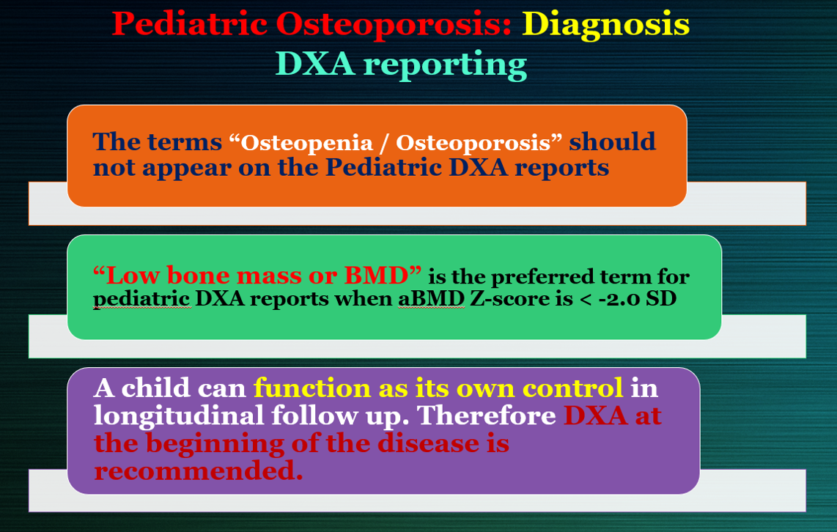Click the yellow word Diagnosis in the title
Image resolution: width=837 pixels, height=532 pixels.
pos(606,25)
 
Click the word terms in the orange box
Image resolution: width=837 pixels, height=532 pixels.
pos(185,142)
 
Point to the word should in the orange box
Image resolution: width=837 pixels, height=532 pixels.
pos(612,141)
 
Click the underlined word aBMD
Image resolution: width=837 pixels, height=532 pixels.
pos(431,298)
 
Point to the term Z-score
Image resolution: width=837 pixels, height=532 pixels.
pos(510,298)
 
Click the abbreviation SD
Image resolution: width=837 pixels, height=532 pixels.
pos(661,298)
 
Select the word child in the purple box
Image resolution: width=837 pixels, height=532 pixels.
pos(156,388)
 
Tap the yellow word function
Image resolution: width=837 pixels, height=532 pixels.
pos(312,388)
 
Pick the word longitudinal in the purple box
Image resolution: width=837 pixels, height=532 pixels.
pos(179,416)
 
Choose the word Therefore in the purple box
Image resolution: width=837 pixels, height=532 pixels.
pos(486,415)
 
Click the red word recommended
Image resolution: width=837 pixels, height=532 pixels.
pos(198,471)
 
